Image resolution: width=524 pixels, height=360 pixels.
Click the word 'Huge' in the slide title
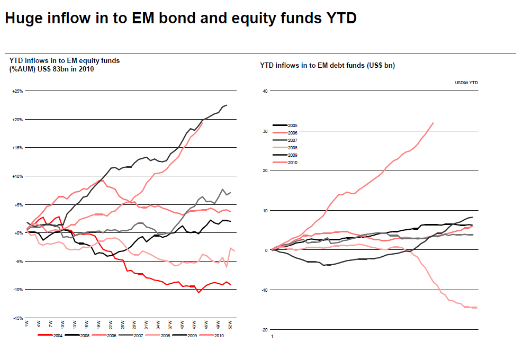(x=25, y=19)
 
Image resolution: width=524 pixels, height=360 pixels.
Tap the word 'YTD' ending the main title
(x=339, y=19)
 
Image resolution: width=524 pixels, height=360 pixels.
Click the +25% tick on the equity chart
(x=17, y=91)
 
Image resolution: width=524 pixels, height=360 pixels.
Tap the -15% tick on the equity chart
(x=17, y=318)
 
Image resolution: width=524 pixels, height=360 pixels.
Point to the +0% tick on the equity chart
(x=18, y=233)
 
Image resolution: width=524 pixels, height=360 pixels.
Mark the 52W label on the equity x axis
(x=231, y=324)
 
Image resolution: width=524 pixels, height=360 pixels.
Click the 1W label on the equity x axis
(x=27, y=323)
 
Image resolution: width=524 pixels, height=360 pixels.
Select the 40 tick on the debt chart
(x=266, y=91)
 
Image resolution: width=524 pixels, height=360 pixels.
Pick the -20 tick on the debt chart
(x=266, y=329)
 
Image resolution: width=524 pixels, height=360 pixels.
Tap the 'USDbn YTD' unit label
(x=466, y=83)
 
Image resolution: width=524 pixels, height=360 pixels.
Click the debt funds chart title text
(x=327, y=66)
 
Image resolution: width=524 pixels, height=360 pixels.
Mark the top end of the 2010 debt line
(x=433, y=123)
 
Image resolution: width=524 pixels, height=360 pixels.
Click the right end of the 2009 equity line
(x=227, y=105)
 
